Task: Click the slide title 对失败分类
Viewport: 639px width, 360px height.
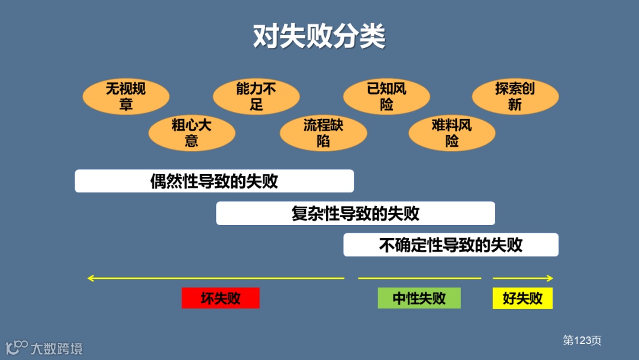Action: [319, 37]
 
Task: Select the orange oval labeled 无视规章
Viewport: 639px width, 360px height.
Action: [126, 97]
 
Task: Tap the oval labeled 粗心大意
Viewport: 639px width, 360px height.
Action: [192, 133]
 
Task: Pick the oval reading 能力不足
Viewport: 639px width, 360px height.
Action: [256, 97]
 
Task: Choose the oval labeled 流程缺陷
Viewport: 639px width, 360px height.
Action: [323, 133]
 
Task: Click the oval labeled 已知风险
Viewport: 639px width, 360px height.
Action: [386, 97]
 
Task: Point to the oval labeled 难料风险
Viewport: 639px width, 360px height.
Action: [451, 133]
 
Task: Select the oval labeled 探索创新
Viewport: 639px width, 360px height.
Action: [515, 97]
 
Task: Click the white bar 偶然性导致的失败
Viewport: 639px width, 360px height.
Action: [214, 181]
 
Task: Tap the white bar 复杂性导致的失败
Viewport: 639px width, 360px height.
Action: [355, 213]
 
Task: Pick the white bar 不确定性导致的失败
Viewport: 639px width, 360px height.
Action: [451, 245]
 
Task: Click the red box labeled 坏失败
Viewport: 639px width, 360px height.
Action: [221, 298]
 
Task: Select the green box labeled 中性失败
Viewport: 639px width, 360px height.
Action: [419, 298]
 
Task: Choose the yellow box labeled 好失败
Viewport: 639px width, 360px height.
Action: [522, 298]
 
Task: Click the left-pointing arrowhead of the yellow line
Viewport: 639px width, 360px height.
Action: [91, 278]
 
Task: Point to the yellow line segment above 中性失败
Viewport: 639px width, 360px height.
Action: [419, 278]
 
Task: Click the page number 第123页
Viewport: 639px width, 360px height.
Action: [582, 340]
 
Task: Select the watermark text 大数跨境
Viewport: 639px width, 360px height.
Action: [57, 348]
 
